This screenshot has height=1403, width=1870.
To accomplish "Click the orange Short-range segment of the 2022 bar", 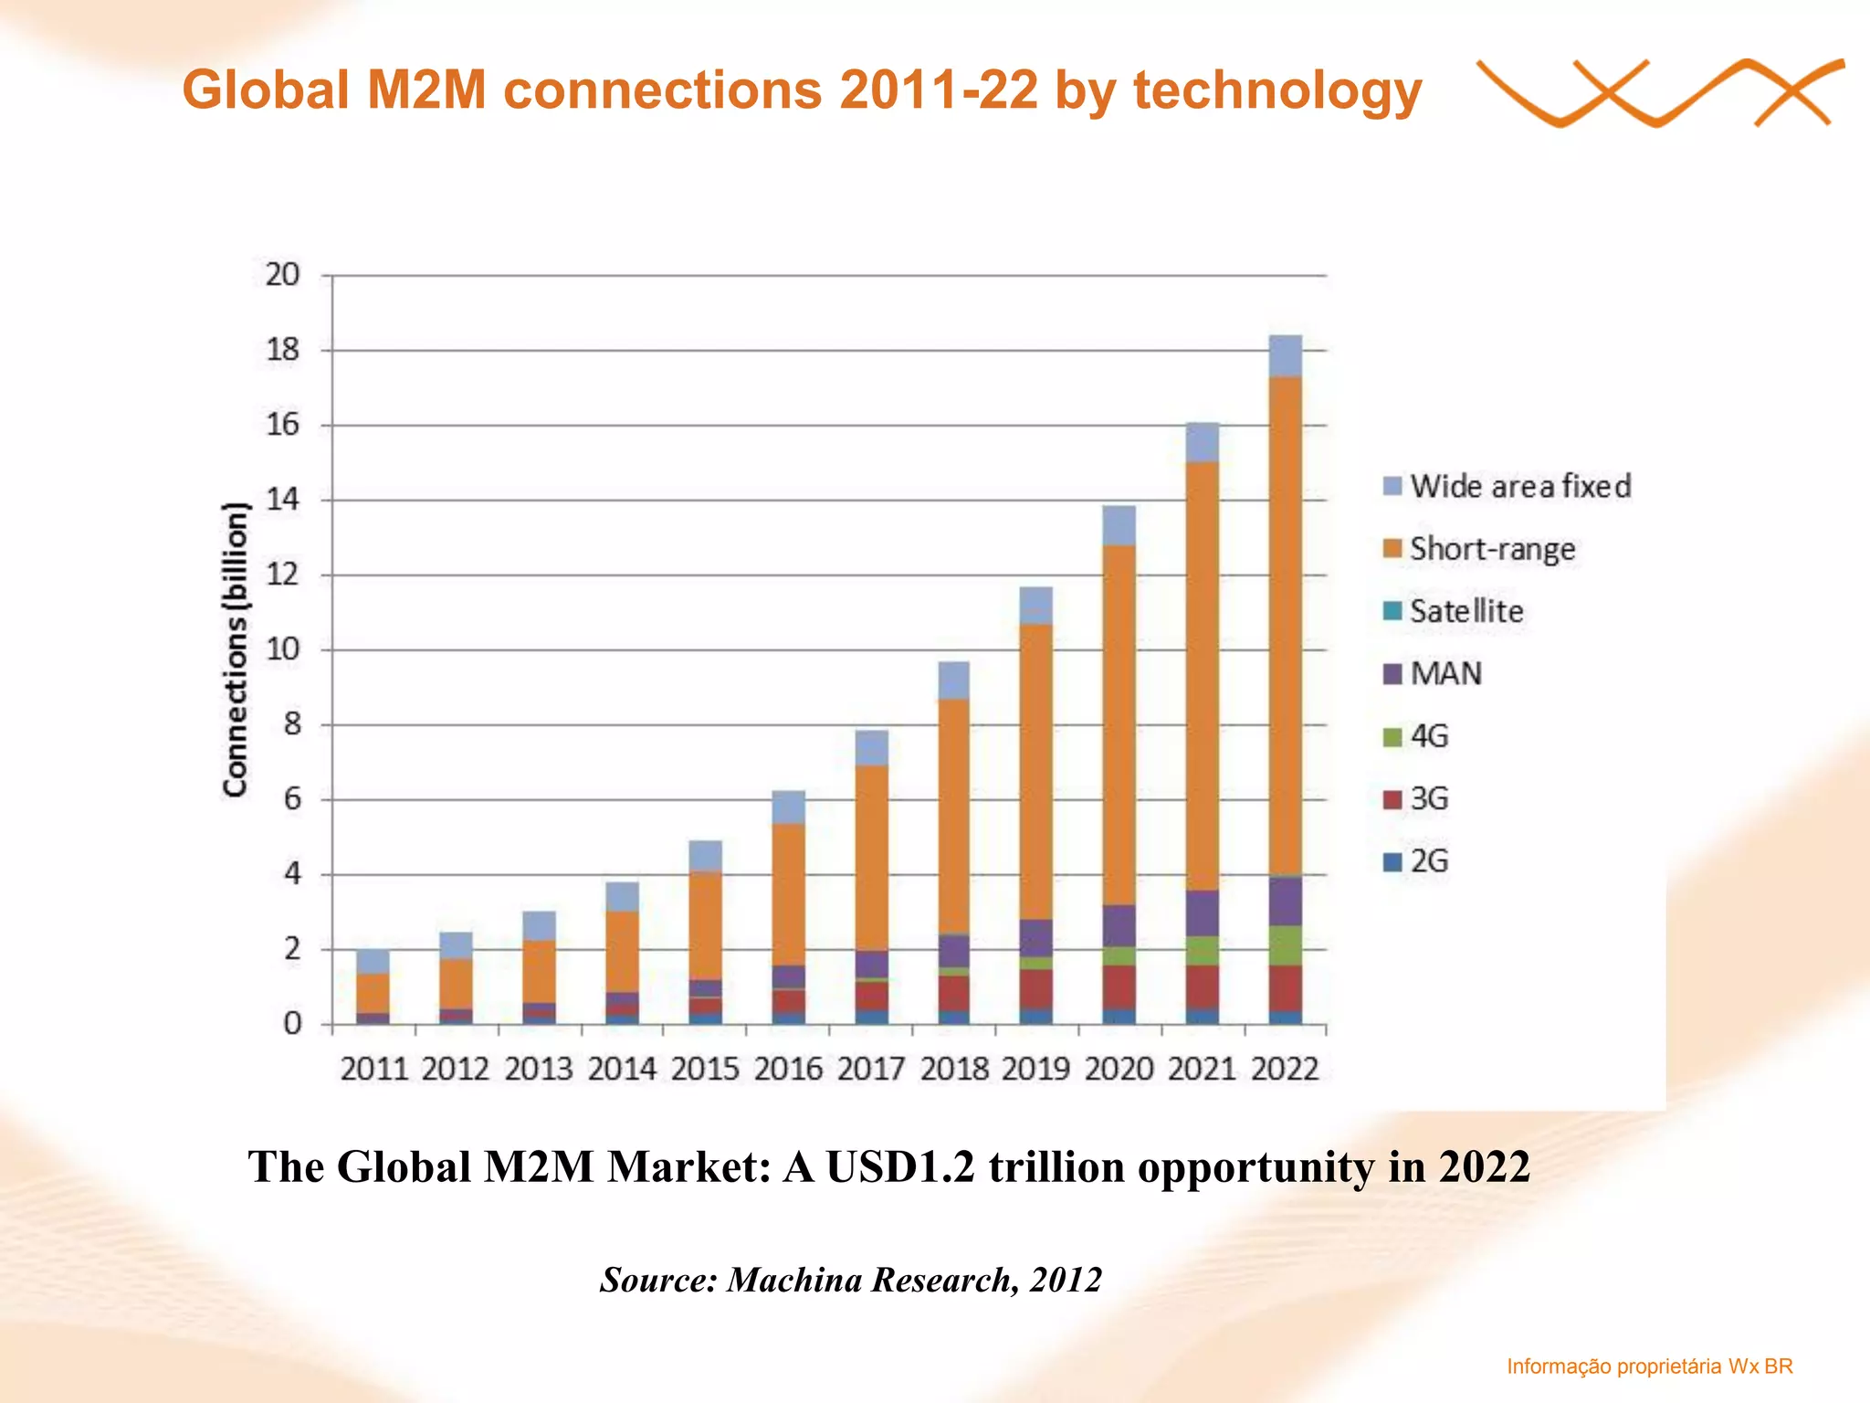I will [1285, 626].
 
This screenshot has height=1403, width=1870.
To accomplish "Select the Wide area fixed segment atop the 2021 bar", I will [1202, 442].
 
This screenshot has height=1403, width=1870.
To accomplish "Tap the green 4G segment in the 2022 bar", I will [1285, 945].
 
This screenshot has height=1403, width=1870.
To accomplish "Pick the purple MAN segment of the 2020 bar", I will [1119, 925].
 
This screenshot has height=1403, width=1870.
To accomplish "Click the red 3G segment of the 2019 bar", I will [1035, 989].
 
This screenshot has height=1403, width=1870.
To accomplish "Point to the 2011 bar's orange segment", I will [373, 993].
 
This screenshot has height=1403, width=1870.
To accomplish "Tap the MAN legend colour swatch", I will [1392, 674].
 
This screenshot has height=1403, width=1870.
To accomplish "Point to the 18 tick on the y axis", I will [282, 350].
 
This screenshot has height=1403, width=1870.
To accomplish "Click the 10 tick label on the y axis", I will [282, 649].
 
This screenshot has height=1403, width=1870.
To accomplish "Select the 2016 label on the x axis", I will [788, 1069].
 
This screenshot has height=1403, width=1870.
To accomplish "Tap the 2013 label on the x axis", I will [539, 1069].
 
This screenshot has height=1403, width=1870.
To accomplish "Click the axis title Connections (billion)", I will [236, 649].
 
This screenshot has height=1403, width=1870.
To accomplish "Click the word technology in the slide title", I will [1276, 91].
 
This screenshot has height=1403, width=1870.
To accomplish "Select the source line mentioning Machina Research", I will [850, 1280].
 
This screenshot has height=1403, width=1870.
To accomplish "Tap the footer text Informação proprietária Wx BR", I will [1649, 1366].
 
